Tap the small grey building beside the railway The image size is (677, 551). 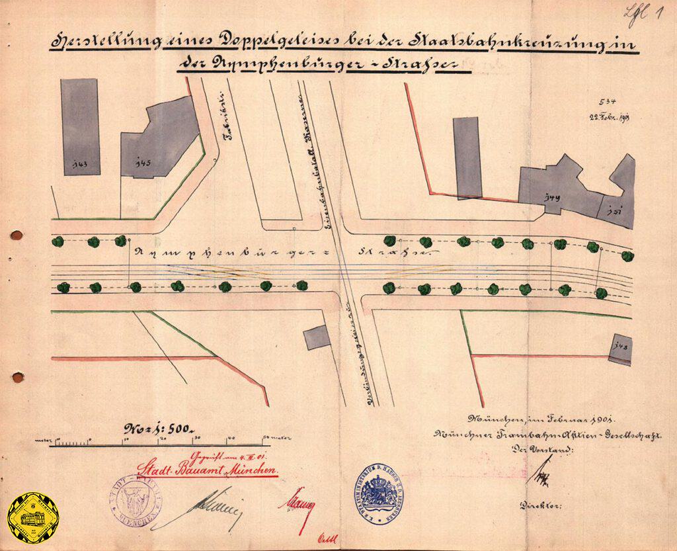pyautogui.click(x=317, y=337)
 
